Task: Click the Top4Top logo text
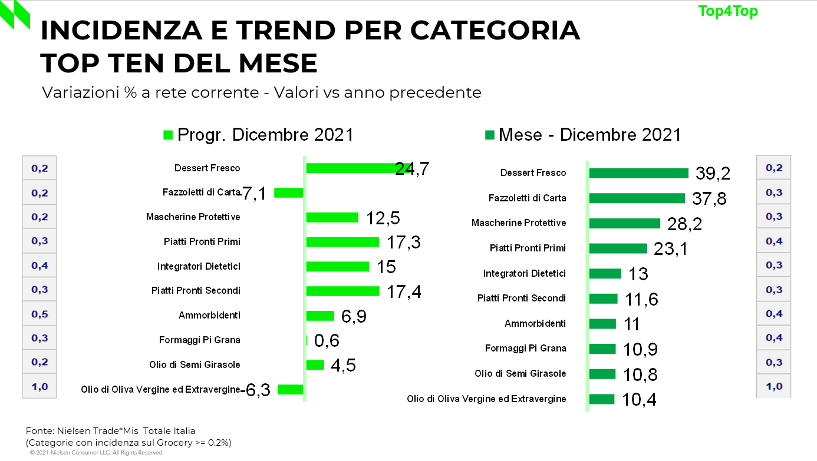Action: coord(728,11)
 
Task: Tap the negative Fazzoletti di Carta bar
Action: coord(288,193)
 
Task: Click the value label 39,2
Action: coord(713,173)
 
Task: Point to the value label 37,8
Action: coord(709,198)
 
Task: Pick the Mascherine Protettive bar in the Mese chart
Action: coord(624,223)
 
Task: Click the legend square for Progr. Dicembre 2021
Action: coord(168,135)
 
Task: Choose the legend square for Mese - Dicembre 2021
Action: coord(489,135)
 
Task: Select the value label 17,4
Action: coord(404,291)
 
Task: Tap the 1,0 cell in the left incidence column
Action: coord(39,387)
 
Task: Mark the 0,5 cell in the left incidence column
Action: coord(39,314)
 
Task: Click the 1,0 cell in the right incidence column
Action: coord(774,387)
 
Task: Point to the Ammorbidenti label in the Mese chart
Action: coord(535,323)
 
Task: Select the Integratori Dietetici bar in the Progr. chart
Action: coord(337,267)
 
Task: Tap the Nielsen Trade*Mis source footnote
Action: coord(110,430)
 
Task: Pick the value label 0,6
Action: coord(327,340)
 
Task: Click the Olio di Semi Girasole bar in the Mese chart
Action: coord(602,374)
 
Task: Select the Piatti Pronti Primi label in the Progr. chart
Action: coord(202,242)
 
